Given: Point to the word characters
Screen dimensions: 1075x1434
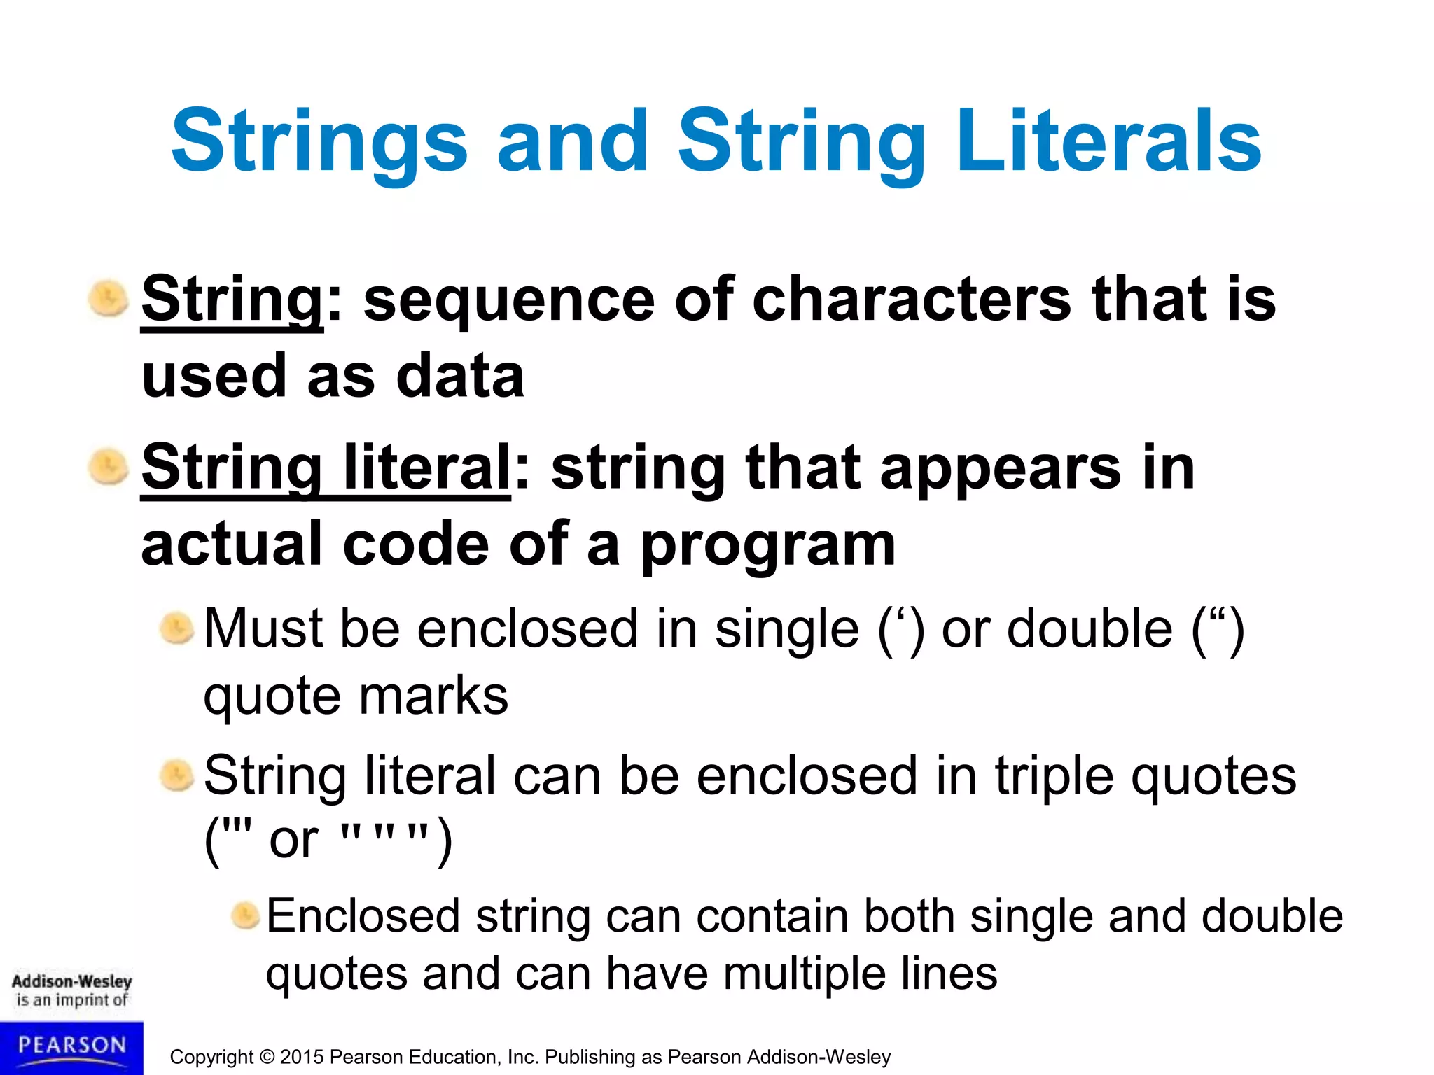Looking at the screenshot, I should (x=911, y=300).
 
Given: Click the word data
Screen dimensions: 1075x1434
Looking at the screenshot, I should (x=460, y=376).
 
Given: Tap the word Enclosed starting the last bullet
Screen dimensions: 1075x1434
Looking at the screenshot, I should (x=363, y=916).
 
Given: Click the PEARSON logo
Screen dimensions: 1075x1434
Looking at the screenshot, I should (x=71, y=1047).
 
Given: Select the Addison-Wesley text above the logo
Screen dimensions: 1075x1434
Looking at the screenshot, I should (x=71, y=981).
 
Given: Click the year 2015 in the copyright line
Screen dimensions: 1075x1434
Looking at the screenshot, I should (x=302, y=1057).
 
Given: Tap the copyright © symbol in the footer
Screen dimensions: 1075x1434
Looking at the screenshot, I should (x=266, y=1057).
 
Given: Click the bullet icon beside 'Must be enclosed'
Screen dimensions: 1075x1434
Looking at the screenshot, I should (x=176, y=628).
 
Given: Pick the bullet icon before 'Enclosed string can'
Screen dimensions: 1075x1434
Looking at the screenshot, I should (x=245, y=915).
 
